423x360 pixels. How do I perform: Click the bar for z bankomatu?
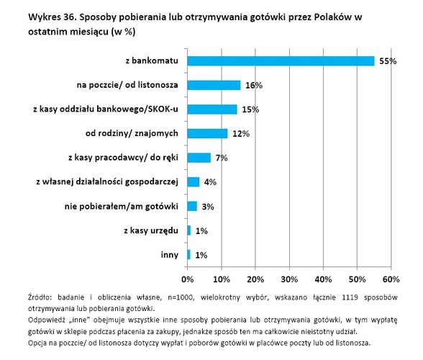point(281,61)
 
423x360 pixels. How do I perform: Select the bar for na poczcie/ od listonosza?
point(214,85)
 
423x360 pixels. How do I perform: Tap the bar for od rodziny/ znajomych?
point(207,133)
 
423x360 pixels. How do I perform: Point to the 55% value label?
point(389,61)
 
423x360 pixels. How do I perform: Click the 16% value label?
point(253,86)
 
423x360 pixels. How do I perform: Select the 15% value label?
point(249,109)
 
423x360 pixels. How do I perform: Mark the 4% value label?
point(211,182)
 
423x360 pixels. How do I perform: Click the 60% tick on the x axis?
point(391,278)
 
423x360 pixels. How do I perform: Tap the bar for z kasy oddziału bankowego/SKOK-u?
point(212,109)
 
